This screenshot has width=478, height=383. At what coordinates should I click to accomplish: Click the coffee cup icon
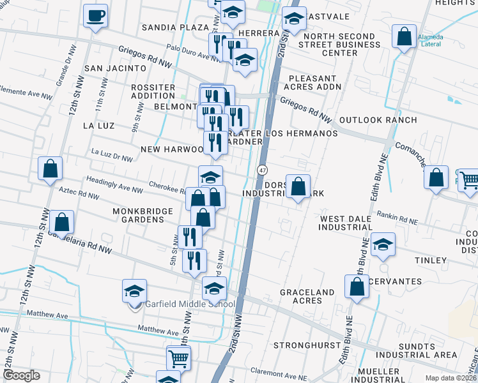point(95,16)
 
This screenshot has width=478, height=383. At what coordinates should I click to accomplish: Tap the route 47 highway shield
point(263,170)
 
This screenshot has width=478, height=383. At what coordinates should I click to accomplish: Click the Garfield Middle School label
point(190,304)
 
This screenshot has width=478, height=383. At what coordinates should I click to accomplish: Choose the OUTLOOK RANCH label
point(378,120)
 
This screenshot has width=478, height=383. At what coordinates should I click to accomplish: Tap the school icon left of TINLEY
point(383,245)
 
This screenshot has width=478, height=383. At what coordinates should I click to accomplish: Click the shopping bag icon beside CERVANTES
point(357,287)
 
